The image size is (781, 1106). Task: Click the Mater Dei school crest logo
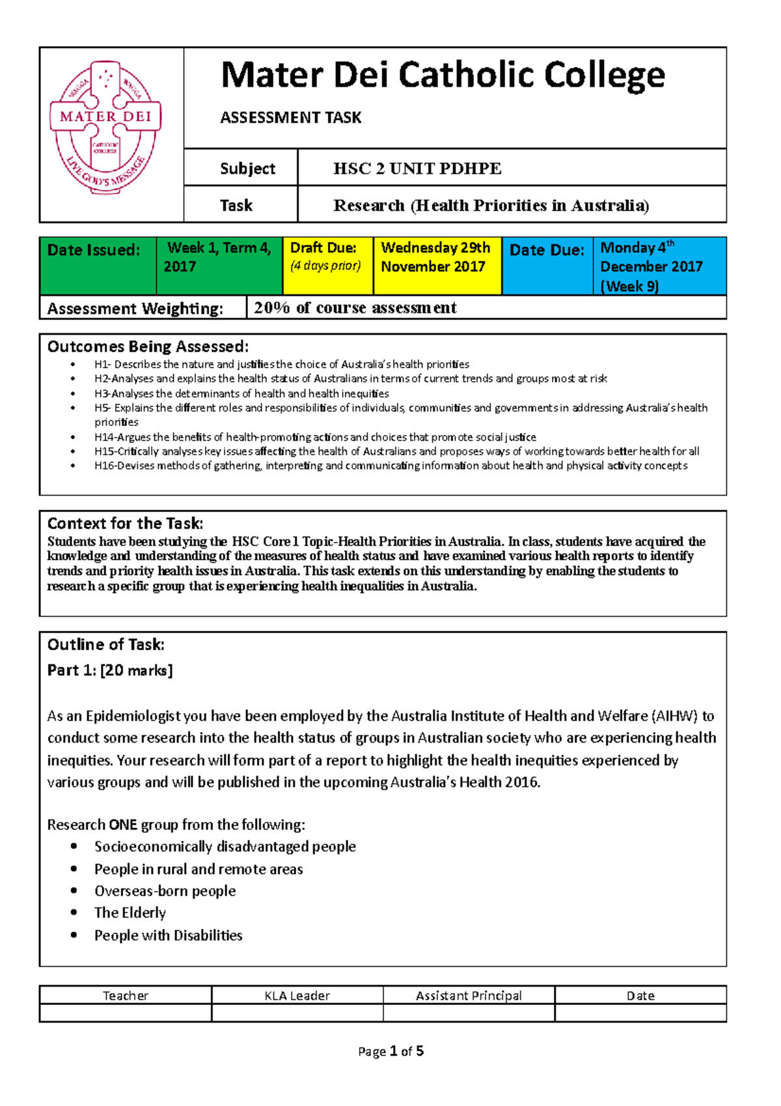[x=105, y=128]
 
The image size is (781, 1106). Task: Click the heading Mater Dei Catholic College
[x=443, y=76]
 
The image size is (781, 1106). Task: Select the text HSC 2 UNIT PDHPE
[x=417, y=169]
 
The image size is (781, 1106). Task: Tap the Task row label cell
[x=237, y=206]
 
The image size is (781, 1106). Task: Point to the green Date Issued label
[x=94, y=250]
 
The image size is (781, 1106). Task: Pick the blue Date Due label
[x=547, y=250]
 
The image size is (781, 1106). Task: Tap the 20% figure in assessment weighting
[x=271, y=308]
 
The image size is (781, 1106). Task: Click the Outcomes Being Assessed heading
[x=148, y=347]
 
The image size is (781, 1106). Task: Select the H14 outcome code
[x=104, y=437]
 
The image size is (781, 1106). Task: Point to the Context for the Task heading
[x=125, y=524]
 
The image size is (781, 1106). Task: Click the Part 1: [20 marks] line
[x=110, y=670]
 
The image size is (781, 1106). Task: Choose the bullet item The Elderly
[x=130, y=913]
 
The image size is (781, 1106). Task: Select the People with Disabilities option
[x=168, y=935]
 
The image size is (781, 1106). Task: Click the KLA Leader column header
[x=297, y=995]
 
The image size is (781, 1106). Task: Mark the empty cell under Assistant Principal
[x=469, y=1013]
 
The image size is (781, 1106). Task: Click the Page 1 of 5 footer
[x=390, y=1051]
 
